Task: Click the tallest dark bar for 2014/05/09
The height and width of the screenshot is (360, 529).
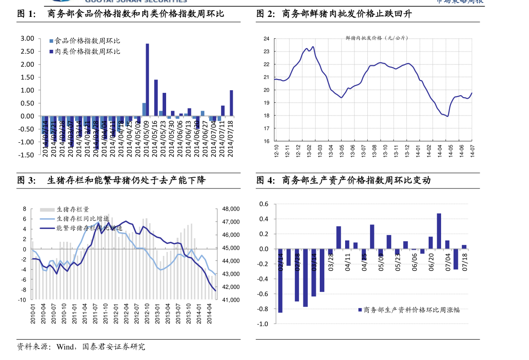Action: coord(147,80)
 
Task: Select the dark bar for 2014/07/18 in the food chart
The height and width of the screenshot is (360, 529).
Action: coord(231,103)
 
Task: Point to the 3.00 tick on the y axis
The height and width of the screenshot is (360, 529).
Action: coord(28,39)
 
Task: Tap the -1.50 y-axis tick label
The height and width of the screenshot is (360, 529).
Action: coord(26,155)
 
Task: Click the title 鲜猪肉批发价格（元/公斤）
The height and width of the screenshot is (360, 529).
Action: coord(377,38)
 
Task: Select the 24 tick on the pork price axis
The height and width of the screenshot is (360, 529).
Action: coord(266,39)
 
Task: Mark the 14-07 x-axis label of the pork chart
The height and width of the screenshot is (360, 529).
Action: coord(472,151)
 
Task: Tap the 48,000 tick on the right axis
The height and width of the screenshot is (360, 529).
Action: coord(231,209)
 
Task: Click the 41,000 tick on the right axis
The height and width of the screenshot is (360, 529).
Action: coord(231,300)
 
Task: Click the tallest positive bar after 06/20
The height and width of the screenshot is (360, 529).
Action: coord(439,231)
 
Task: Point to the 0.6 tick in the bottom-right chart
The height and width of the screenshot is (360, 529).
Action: coord(264,204)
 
